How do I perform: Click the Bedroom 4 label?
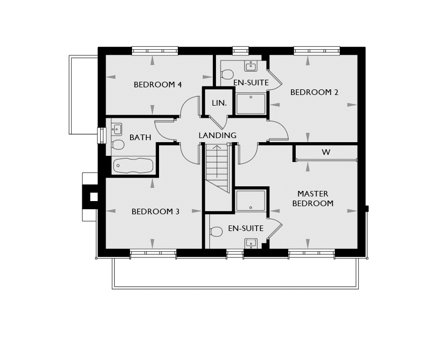click(158, 85)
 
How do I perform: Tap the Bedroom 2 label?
click(314, 92)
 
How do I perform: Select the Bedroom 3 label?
click(155, 211)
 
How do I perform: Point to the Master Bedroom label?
click(313, 199)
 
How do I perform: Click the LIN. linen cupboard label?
click(219, 103)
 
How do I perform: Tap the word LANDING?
click(217, 136)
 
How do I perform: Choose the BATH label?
click(140, 138)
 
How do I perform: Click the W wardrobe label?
click(326, 152)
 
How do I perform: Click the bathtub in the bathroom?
click(133, 166)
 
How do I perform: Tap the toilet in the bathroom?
click(117, 145)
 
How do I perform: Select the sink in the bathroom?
click(116, 129)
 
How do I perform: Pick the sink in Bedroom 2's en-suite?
click(250, 67)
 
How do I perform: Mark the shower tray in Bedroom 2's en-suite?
click(251, 104)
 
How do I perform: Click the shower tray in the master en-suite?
click(250, 201)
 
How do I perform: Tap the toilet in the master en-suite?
click(216, 232)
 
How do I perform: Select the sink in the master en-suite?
click(250, 243)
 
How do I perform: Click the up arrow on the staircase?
click(217, 161)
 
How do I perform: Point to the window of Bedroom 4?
click(155, 51)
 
